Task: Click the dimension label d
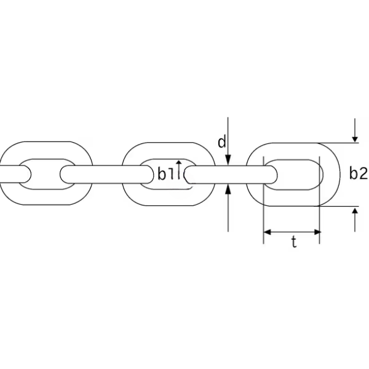221,142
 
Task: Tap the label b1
165,174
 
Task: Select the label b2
358,173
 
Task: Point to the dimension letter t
294,242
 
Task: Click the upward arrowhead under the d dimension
228,189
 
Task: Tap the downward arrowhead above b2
355,139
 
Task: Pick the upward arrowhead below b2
355,210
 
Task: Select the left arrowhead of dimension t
267,232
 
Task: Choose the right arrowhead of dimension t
317,232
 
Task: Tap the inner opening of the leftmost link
46,174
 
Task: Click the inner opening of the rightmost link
294,175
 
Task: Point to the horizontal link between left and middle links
106,175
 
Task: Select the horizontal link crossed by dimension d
231,175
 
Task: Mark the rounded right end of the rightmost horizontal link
273,175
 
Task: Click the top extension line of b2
338,143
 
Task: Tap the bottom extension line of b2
338,206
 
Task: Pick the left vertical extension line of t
263,200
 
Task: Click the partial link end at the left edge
15,174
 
